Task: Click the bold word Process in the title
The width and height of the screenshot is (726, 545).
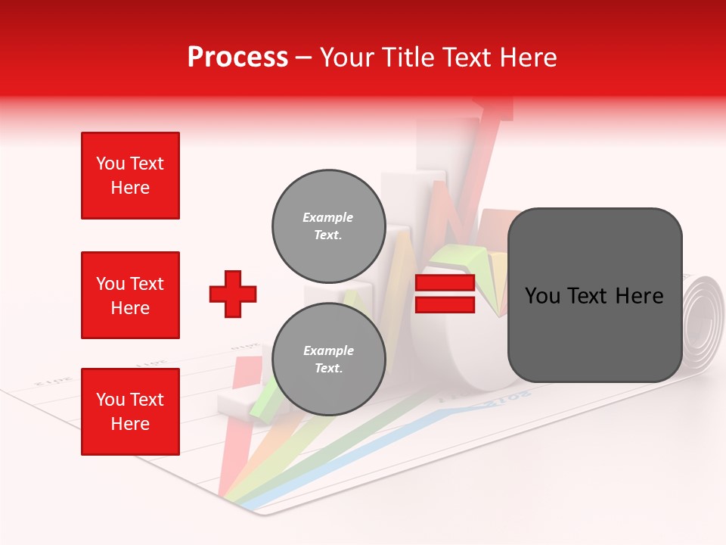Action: click(x=237, y=58)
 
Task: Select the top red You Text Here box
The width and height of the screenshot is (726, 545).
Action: click(x=130, y=176)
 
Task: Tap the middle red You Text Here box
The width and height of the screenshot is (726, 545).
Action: click(x=130, y=295)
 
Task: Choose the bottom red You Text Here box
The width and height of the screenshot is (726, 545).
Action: click(x=130, y=411)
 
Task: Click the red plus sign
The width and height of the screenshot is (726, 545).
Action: click(x=233, y=294)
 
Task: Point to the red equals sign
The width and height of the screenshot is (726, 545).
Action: click(x=445, y=294)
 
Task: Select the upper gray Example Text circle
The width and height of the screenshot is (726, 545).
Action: click(x=328, y=226)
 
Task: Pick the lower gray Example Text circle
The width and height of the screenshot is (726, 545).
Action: click(x=328, y=359)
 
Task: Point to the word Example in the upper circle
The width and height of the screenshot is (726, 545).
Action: click(x=328, y=218)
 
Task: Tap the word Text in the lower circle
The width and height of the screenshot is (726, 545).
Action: click(x=328, y=369)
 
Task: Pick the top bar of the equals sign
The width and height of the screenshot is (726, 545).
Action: click(x=445, y=284)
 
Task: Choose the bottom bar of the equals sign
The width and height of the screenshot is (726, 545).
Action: click(x=445, y=305)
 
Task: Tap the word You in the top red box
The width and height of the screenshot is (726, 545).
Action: click(x=110, y=163)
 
